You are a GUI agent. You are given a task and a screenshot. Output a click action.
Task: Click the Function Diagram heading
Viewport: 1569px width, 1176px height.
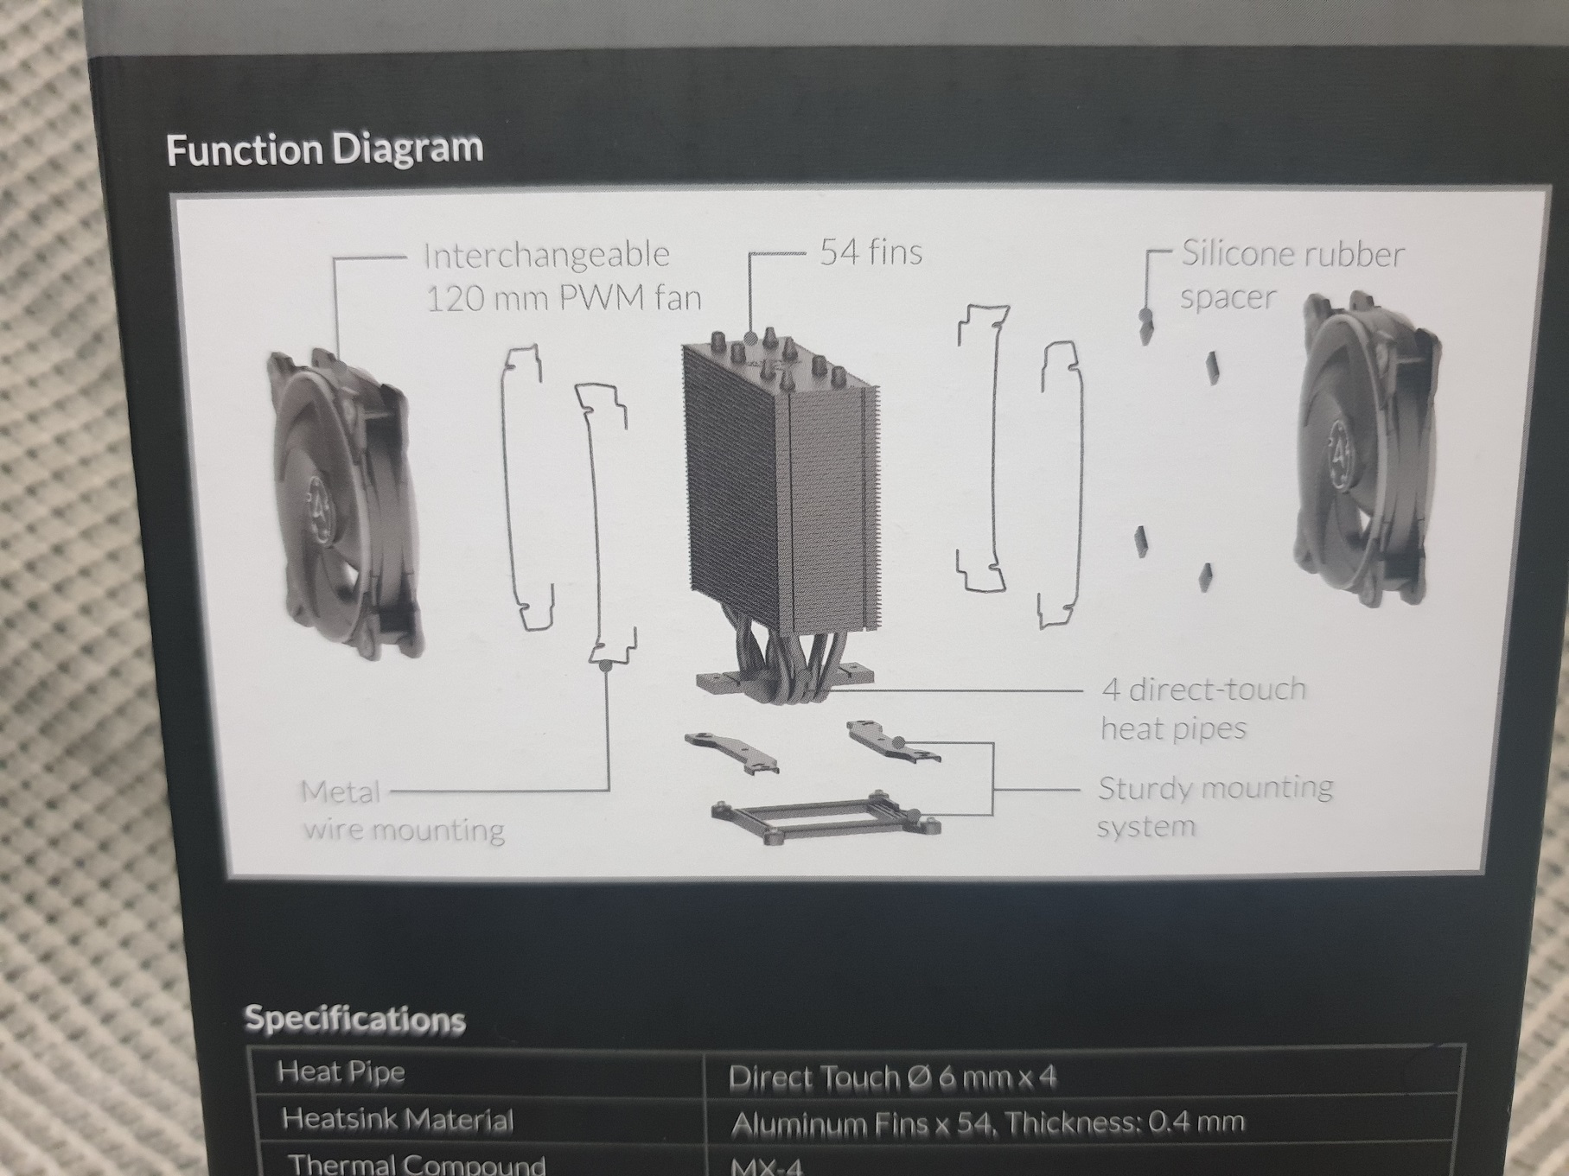[x=324, y=149]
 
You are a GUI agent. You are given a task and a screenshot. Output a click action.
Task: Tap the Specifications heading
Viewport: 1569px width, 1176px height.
[x=355, y=1019]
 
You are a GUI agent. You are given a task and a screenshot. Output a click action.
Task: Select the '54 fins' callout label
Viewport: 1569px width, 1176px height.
[x=871, y=251]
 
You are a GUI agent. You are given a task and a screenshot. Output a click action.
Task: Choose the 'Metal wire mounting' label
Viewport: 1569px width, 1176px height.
[x=402, y=811]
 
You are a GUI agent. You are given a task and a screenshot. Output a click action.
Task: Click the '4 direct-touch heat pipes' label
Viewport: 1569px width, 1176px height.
[x=1203, y=709]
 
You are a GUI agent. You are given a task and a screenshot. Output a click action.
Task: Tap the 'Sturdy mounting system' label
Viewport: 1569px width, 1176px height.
[x=1215, y=805]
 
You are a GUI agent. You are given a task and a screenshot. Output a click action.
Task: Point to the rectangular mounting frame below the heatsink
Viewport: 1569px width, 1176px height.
[x=825, y=813]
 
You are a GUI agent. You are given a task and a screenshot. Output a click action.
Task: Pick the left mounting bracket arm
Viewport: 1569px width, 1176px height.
[x=730, y=751]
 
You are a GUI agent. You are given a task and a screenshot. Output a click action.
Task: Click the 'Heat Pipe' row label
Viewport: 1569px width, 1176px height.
[x=341, y=1072]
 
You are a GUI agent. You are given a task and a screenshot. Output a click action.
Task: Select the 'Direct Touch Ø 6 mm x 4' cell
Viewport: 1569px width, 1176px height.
[x=892, y=1077]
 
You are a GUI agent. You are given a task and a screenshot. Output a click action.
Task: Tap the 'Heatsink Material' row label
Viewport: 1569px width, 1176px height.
[x=397, y=1120]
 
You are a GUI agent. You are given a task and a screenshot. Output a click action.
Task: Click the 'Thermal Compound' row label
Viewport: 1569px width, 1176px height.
[x=417, y=1164]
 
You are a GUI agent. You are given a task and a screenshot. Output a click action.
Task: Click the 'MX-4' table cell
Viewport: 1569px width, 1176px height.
[x=767, y=1166]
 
